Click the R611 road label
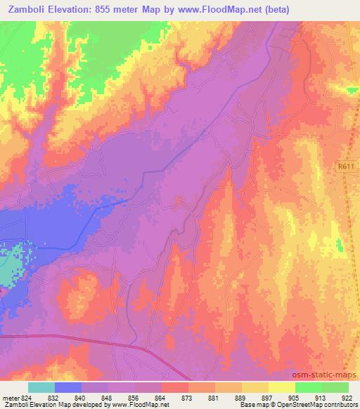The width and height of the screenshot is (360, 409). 345,167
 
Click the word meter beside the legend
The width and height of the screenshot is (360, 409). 10,397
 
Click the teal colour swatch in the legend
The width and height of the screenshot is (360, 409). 41,387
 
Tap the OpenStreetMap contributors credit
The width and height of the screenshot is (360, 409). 320,405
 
